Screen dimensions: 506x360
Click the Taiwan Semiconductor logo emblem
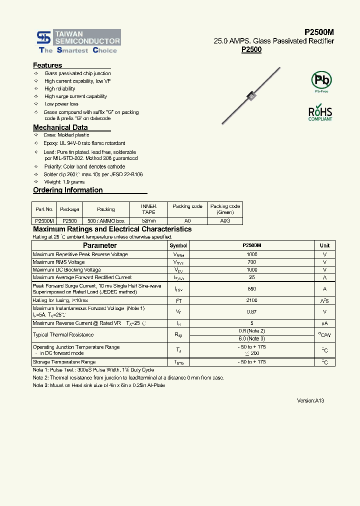point(43,37)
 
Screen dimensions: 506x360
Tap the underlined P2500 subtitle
point(251,49)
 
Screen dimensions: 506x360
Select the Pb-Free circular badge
point(321,81)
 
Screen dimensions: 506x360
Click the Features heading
point(47,65)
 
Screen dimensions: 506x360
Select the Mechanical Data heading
point(60,127)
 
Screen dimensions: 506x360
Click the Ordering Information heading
point(67,190)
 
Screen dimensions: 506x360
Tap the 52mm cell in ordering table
point(149,220)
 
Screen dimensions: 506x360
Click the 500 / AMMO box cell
point(106,220)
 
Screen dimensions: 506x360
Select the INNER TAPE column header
point(149,209)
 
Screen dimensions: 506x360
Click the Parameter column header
point(99,245)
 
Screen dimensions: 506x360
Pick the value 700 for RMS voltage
point(251,262)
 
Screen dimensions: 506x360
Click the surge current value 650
point(251,288)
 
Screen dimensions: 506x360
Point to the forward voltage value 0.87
point(251,311)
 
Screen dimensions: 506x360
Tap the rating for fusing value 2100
point(251,300)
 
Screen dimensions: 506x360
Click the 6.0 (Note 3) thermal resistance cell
point(251,338)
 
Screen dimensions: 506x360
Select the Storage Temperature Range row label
point(64,362)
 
